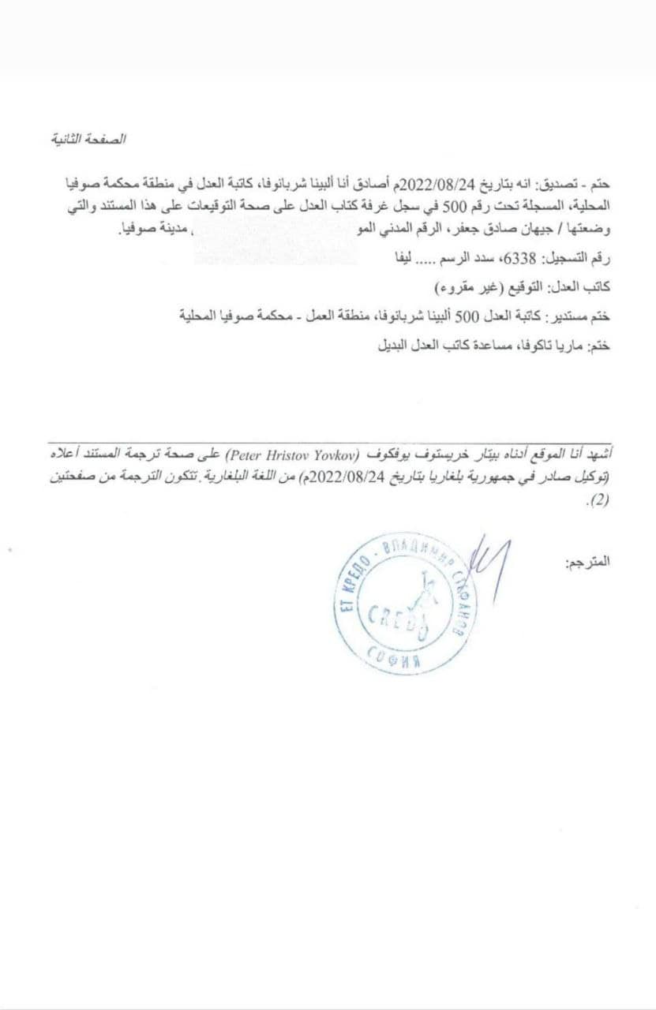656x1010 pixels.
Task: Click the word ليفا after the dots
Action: click(394, 258)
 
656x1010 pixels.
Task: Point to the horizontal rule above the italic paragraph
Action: click(332, 443)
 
